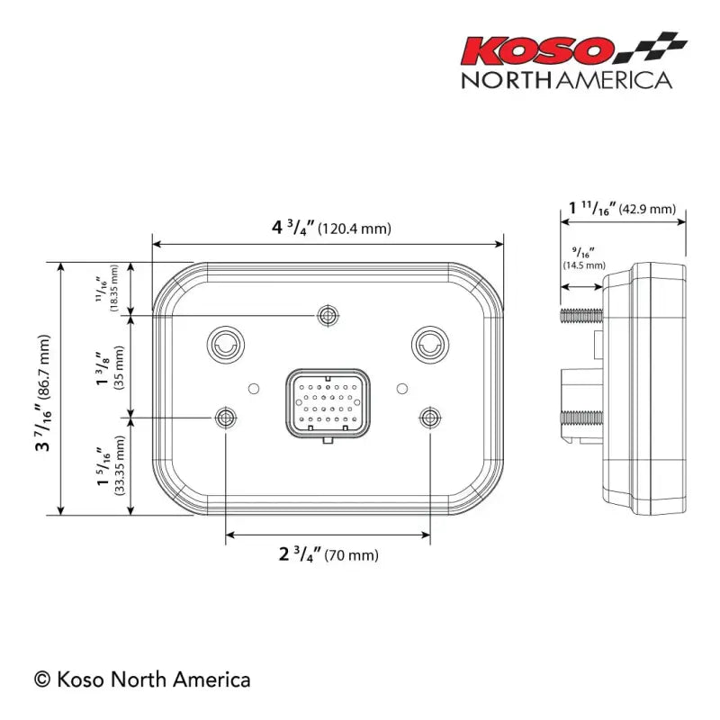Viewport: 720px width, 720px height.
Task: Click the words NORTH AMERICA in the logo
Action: pos(566,79)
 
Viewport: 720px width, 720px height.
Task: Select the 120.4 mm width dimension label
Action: pos(331,227)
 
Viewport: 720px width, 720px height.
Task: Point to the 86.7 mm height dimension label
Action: pos(42,388)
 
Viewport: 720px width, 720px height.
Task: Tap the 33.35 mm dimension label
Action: pos(112,465)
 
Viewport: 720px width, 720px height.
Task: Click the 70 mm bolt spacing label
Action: pos(328,554)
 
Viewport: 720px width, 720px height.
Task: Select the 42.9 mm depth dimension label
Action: pos(621,209)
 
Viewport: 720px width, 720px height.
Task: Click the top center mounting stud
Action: pos(328,315)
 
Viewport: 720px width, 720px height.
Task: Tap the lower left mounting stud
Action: pos(224,417)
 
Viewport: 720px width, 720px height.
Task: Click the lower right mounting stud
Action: pos(430,417)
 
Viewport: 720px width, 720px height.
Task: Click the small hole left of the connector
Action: pos(254,388)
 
